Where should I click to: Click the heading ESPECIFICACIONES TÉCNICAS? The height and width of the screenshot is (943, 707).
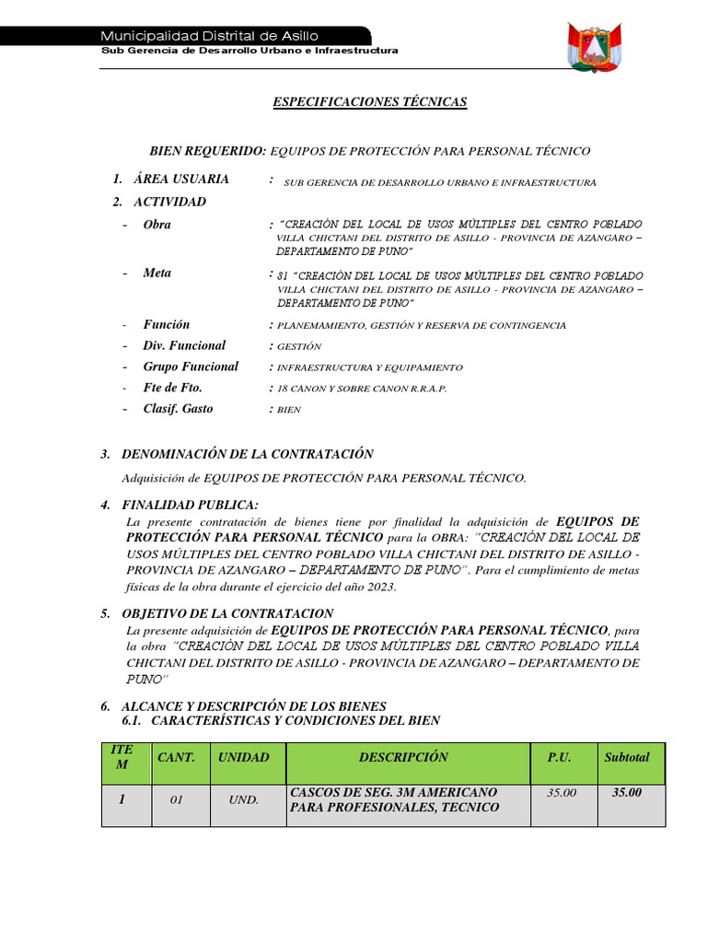click(370, 102)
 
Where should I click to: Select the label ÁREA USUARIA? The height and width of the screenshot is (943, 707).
click(181, 179)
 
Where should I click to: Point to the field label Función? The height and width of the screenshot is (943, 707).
click(166, 325)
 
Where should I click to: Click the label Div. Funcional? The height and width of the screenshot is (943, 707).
click(184, 346)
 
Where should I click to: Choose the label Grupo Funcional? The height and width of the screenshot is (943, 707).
click(191, 367)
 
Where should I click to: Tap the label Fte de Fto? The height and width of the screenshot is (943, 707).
click(172, 388)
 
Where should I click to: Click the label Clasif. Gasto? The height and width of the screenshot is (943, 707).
click(178, 409)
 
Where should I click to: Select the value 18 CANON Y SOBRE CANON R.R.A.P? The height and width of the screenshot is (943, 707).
click(362, 389)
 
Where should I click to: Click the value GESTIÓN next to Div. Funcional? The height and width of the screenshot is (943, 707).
click(299, 347)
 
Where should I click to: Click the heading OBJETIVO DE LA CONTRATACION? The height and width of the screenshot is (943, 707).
click(228, 613)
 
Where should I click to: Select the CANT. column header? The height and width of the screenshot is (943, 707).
click(176, 758)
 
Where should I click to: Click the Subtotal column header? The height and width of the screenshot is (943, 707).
click(627, 758)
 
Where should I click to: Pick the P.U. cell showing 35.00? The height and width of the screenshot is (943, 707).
click(561, 793)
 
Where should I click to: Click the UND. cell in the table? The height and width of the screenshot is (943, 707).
click(244, 800)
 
